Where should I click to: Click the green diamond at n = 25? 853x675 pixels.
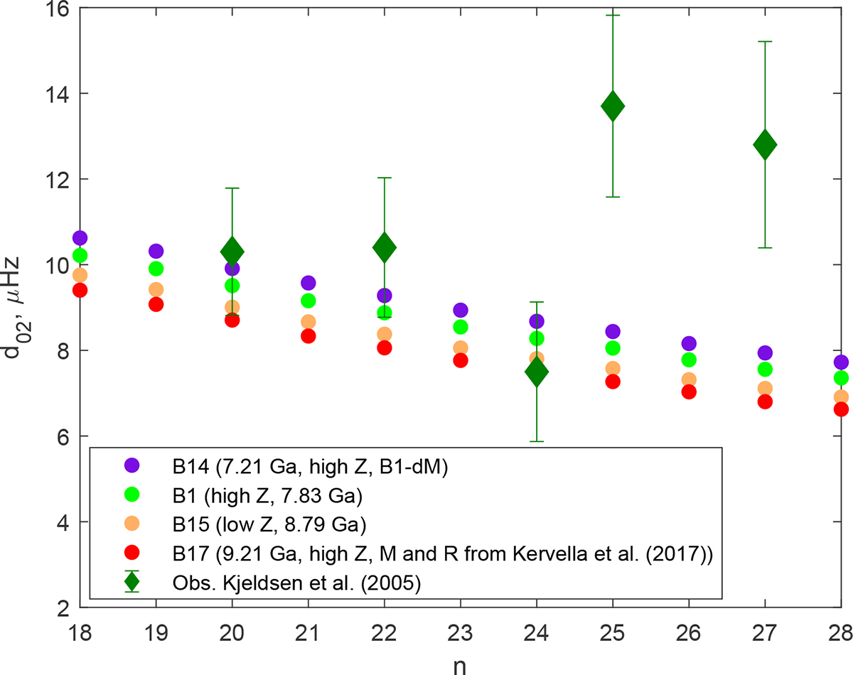(612, 107)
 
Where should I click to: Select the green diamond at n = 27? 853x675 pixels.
(765, 146)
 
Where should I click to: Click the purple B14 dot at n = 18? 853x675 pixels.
(80, 237)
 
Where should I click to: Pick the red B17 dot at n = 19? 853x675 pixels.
(156, 304)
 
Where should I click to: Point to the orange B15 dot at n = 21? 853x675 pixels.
(309, 322)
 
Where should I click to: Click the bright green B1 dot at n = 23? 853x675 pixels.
(461, 327)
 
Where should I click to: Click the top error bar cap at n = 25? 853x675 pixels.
(612, 15)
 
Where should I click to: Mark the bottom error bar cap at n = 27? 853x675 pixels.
(765, 247)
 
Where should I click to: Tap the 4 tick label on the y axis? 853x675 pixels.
(65, 522)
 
